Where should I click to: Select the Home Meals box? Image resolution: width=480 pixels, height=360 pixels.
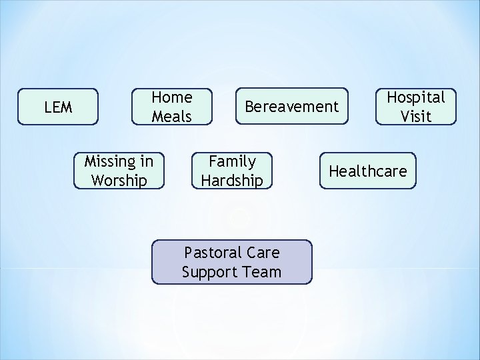tap(171, 107)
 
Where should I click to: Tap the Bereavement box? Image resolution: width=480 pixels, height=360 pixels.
tap(291, 107)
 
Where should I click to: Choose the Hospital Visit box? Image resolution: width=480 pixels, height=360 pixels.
tap(416, 107)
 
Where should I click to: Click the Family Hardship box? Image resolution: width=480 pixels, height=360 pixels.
tap(232, 171)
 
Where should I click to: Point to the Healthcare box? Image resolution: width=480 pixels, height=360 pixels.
tap(367, 171)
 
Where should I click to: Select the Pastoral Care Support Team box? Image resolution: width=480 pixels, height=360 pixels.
tap(231, 262)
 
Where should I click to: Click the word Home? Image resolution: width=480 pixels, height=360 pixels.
tap(172, 97)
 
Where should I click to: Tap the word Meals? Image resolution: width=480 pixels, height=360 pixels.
tap(171, 117)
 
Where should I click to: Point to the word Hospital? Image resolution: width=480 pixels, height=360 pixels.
tap(416, 97)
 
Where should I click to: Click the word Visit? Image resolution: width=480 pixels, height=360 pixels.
tap(416, 117)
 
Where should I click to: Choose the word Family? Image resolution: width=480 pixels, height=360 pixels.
tap(232, 161)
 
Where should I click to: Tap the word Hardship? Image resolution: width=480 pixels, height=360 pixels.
tap(232, 181)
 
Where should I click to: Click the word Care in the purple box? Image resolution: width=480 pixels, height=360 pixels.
tap(263, 253)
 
